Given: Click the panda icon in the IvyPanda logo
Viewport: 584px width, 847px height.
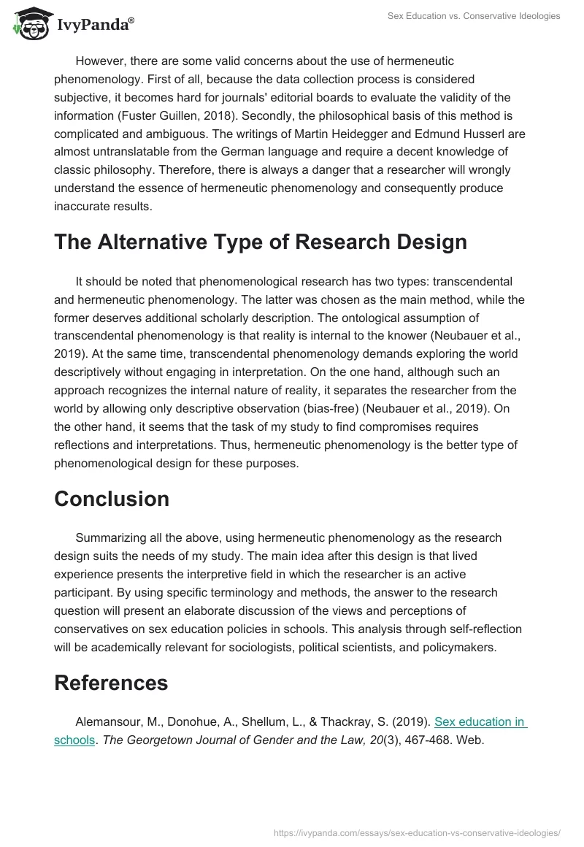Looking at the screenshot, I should coord(30,24).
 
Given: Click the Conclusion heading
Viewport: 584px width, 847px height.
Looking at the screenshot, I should coord(112,499).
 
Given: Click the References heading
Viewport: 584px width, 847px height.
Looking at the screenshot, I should coord(111,683).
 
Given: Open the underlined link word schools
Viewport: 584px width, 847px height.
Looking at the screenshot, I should coord(74,740).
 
